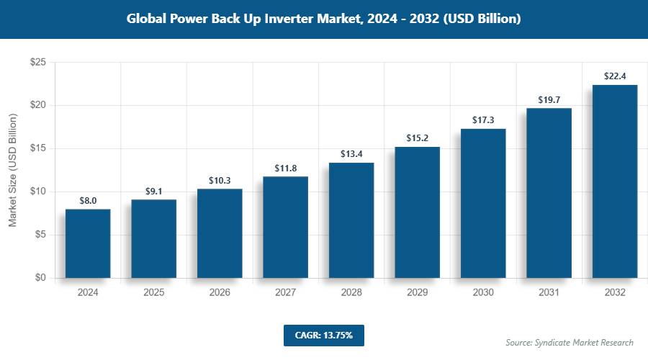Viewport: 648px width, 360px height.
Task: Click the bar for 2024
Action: coord(88,243)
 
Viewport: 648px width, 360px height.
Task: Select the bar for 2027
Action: coord(285,227)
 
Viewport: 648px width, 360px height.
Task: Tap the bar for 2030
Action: coord(483,203)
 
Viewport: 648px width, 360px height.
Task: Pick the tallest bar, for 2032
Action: coord(615,181)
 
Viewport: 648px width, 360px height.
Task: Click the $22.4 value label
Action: coord(615,76)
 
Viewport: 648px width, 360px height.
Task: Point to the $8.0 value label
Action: coord(88,200)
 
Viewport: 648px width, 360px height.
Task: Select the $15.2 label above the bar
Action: coord(417,138)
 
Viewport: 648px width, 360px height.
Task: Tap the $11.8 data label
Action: coord(285,168)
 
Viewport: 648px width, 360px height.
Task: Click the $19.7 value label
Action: coord(549,99)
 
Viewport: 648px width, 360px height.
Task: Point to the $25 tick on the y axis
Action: coord(37,63)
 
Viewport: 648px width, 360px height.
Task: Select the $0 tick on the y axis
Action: coord(40,278)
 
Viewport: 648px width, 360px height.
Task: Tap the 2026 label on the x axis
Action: coord(220,293)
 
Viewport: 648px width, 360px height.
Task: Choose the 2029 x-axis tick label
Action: coord(417,293)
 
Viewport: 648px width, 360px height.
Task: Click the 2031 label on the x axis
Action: coord(549,293)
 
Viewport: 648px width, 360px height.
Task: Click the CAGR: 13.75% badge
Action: coord(323,335)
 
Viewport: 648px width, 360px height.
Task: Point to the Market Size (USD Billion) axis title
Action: coord(12,170)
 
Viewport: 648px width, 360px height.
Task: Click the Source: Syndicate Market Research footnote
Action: coord(569,342)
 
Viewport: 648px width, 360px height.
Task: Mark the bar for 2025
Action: coord(153,238)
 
